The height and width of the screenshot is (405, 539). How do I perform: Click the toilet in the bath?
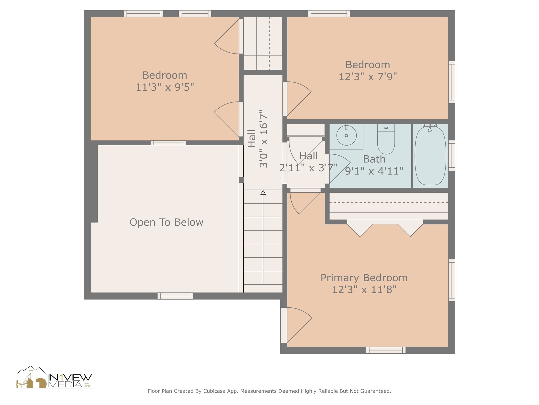(386, 139)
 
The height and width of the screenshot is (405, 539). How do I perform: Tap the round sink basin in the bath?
(346, 135)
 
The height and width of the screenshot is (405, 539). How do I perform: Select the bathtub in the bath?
(430, 156)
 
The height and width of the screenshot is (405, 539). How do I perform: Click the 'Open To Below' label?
(166, 222)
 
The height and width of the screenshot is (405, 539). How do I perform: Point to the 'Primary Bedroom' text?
(364, 278)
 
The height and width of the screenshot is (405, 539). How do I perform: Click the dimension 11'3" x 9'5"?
(165, 87)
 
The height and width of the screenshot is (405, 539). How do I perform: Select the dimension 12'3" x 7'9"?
(368, 76)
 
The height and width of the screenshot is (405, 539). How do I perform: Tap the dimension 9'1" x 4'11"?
(374, 171)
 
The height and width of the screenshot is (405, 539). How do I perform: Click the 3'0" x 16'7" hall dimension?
(263, 139)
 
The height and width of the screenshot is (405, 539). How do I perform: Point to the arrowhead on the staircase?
(263, 192)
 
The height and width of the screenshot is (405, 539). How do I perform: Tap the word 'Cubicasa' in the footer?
(214, 391)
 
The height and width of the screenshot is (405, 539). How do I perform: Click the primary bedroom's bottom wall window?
(386, 350)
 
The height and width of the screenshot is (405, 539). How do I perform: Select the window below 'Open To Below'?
(175, 296)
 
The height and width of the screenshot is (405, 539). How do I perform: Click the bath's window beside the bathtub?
(452, 156)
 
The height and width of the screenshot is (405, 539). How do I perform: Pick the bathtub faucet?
(430, 127)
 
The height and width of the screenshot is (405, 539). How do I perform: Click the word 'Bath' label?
(374, 159)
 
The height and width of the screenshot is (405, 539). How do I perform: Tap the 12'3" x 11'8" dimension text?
(364, 290)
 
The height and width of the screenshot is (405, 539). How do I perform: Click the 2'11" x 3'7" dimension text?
(308, 168)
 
